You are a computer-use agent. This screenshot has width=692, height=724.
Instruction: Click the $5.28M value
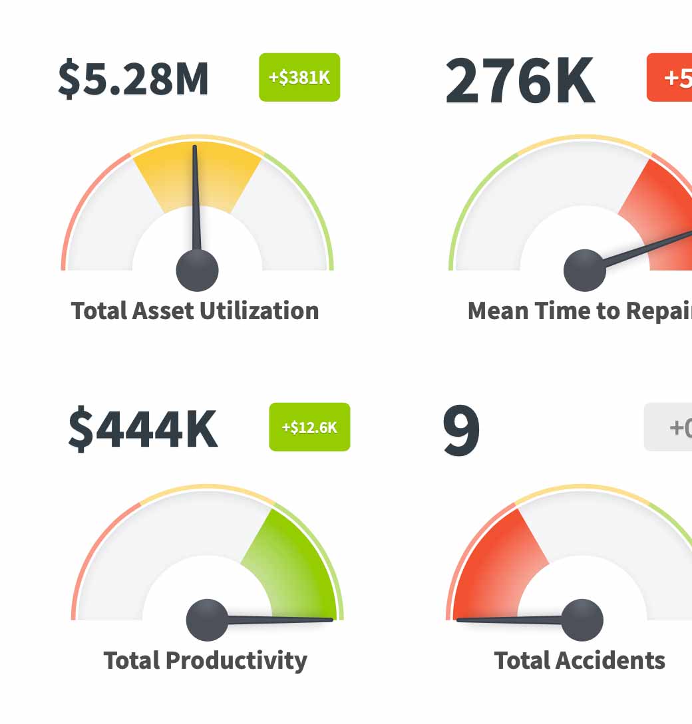tap(133, 78)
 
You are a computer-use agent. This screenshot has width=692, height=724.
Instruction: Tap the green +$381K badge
tap(299, 77)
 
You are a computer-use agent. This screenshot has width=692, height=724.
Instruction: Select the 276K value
tap(519, 81)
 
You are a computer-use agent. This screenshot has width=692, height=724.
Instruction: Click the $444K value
tap(142, 429)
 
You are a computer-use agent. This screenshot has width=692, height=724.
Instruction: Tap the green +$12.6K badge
tap(309, 427)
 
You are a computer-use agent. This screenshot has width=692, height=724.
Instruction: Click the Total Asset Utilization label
tap(195, 310)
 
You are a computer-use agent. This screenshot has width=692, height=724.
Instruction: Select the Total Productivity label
tap(205, 660)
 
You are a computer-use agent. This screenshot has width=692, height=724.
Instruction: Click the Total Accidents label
tap(579, 660)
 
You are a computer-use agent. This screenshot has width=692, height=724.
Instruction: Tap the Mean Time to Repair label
tap(579, 310)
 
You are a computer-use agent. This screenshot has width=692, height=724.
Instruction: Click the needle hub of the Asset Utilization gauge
tap(197, 270)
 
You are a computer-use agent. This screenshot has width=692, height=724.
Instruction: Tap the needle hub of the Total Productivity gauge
tap(207, 620)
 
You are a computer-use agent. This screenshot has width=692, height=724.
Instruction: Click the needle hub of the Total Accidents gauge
tap(582, 620)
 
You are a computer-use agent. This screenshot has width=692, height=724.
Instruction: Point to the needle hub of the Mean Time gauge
tap(584, 270)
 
